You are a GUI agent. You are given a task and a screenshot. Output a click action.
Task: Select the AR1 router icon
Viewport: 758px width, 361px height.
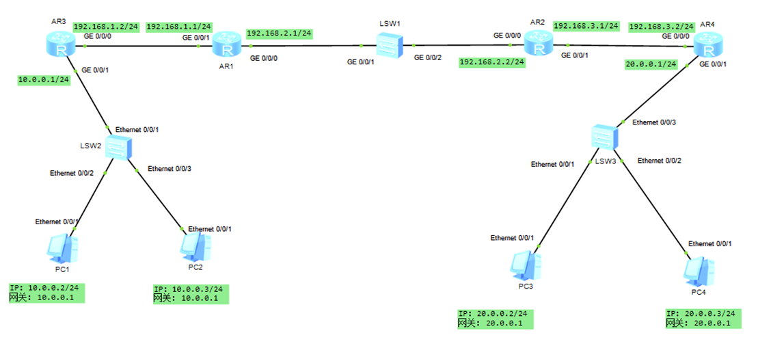point(225,47)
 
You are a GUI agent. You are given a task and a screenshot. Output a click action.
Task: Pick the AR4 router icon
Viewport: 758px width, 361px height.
point(707,47)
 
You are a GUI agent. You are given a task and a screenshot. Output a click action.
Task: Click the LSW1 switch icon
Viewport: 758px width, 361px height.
point(388,47)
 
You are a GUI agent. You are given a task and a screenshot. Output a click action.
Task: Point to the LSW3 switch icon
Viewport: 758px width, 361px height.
point(604,136)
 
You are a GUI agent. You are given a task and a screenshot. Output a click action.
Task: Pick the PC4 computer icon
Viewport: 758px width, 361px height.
point(697,271)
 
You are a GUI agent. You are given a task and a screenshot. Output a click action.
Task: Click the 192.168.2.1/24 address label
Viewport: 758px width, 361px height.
point(279,33)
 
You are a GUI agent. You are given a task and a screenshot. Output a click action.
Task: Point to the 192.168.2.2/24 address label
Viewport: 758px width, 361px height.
point(492,62)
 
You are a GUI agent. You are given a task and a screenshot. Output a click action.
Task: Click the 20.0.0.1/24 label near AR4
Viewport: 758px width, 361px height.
point(651,64)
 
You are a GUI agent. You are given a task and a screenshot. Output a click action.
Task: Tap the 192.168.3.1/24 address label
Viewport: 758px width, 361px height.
point(586,26)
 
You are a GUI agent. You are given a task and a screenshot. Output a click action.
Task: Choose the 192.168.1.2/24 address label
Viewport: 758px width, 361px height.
point(106,27)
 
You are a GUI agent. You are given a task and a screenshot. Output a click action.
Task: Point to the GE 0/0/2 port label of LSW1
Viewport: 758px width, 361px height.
point(428,58)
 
